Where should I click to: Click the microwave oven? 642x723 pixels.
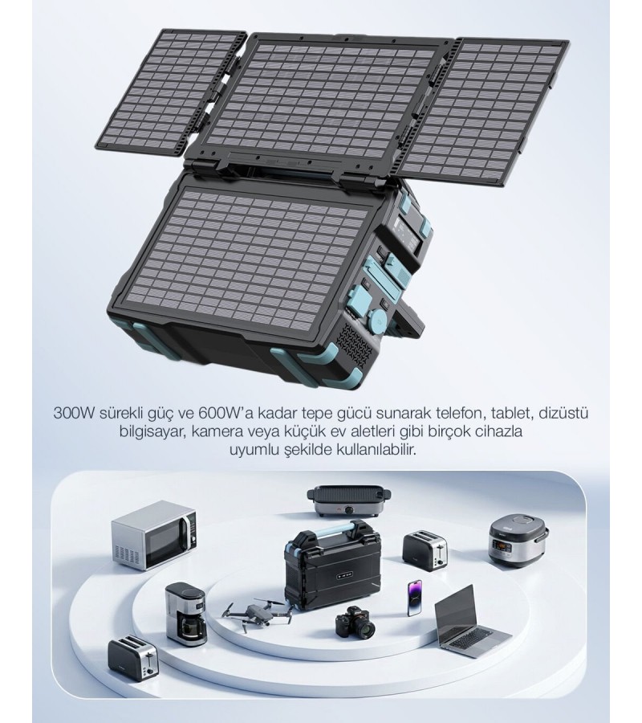154,535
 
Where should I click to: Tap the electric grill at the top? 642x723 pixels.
349,500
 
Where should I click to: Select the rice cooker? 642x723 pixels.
518,541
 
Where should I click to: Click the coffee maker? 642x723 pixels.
186,612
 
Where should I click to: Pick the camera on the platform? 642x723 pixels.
355,623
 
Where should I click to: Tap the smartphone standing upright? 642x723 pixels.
414,598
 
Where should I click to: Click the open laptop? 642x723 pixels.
469,622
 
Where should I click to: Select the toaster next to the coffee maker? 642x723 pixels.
133,657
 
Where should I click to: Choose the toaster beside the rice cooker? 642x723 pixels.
425,550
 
